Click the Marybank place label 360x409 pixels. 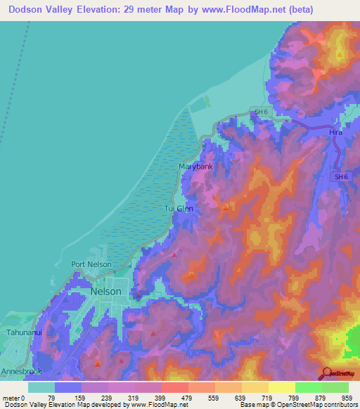point(195,167)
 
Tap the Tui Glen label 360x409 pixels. point(179,209)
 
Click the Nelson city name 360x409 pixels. point(105,291)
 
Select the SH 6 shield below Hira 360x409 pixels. point(341,177)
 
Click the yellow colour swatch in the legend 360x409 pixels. point(281,387)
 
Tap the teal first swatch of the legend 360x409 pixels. point(41,387)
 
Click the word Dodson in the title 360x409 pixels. point(27,10)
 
